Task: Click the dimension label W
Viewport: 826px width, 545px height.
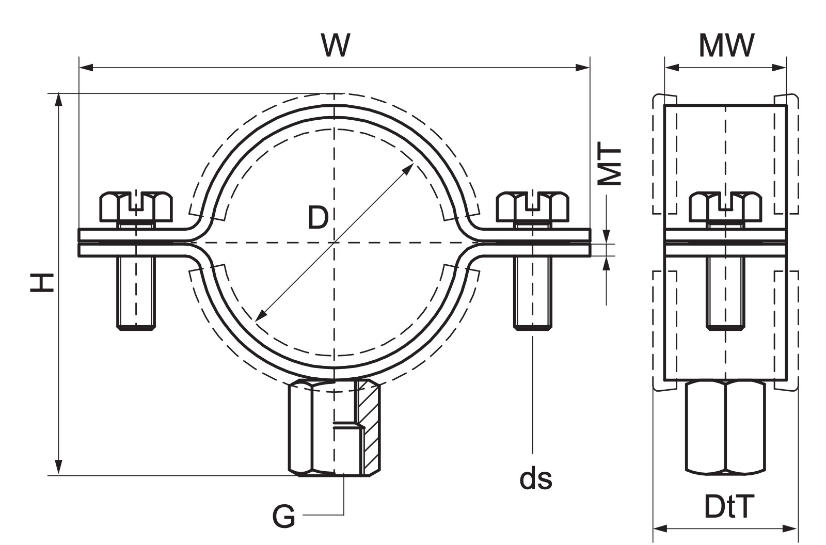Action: (335, 45)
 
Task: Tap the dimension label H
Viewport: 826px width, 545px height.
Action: (42, 283)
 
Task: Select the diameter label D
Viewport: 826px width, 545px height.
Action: (318, 218)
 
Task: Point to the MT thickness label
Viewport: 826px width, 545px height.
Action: (609, 164)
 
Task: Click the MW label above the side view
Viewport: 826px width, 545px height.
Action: (726, 46)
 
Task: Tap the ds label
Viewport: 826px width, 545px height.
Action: (536, 479)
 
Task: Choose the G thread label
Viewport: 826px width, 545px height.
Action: (283, 516)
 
